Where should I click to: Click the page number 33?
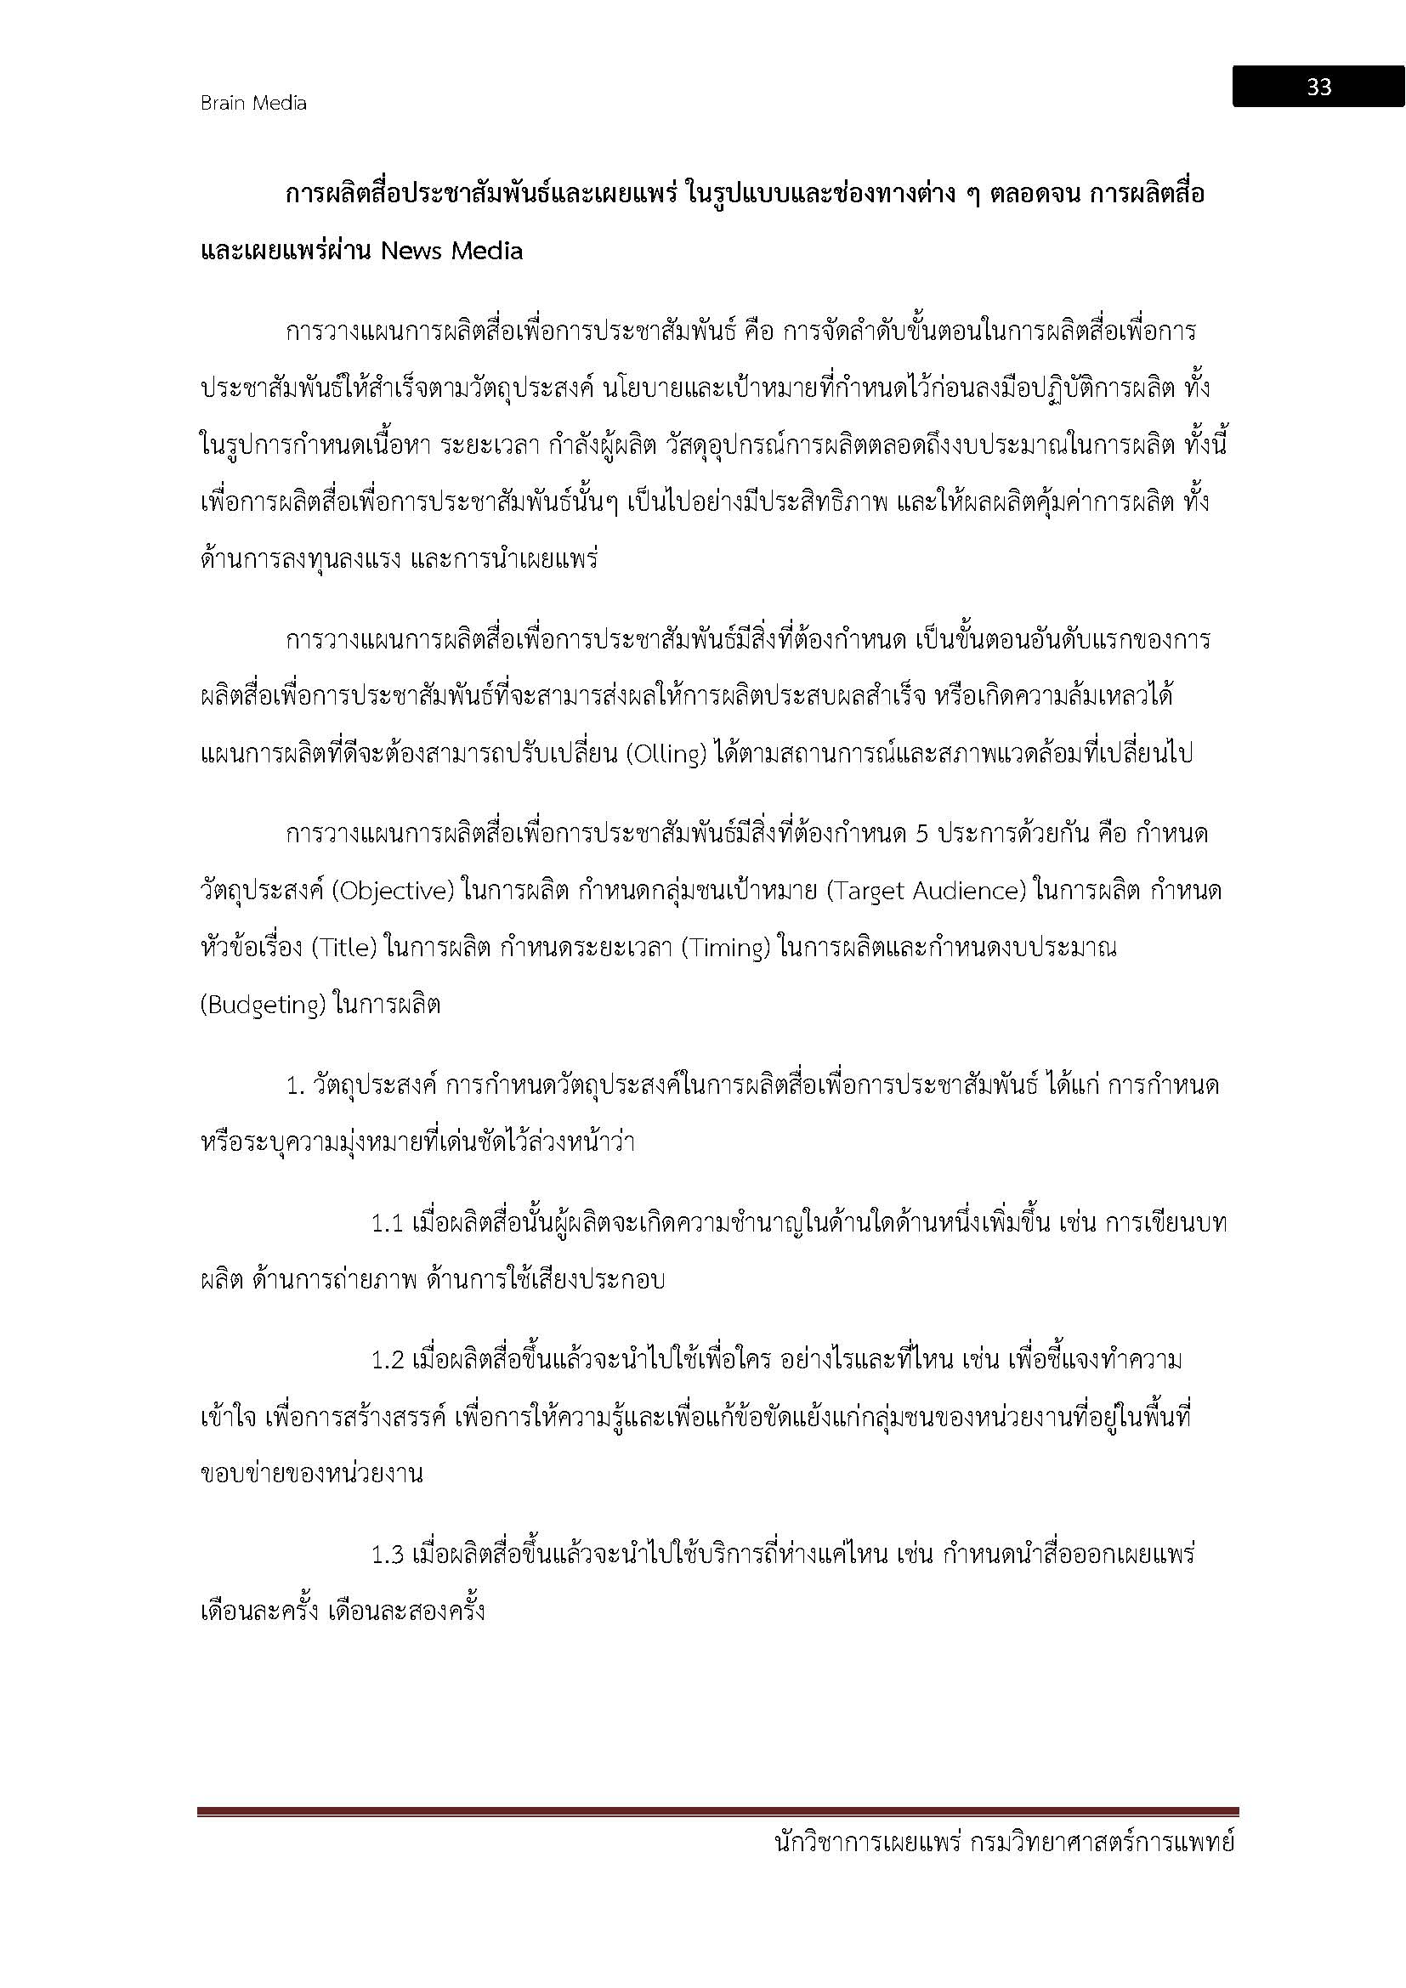(x=1318, y=87)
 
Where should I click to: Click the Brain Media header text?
(x=252, y=103)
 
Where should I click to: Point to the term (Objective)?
(x=393, y=891)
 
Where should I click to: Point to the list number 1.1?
(x=388, y=1223)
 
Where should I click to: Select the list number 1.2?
(x=388, y=1360)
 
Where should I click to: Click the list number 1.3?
(x=388, y=1555)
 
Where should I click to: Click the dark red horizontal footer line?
(x=717, y=1811)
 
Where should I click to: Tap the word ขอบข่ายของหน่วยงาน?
(x=312, y=1474)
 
